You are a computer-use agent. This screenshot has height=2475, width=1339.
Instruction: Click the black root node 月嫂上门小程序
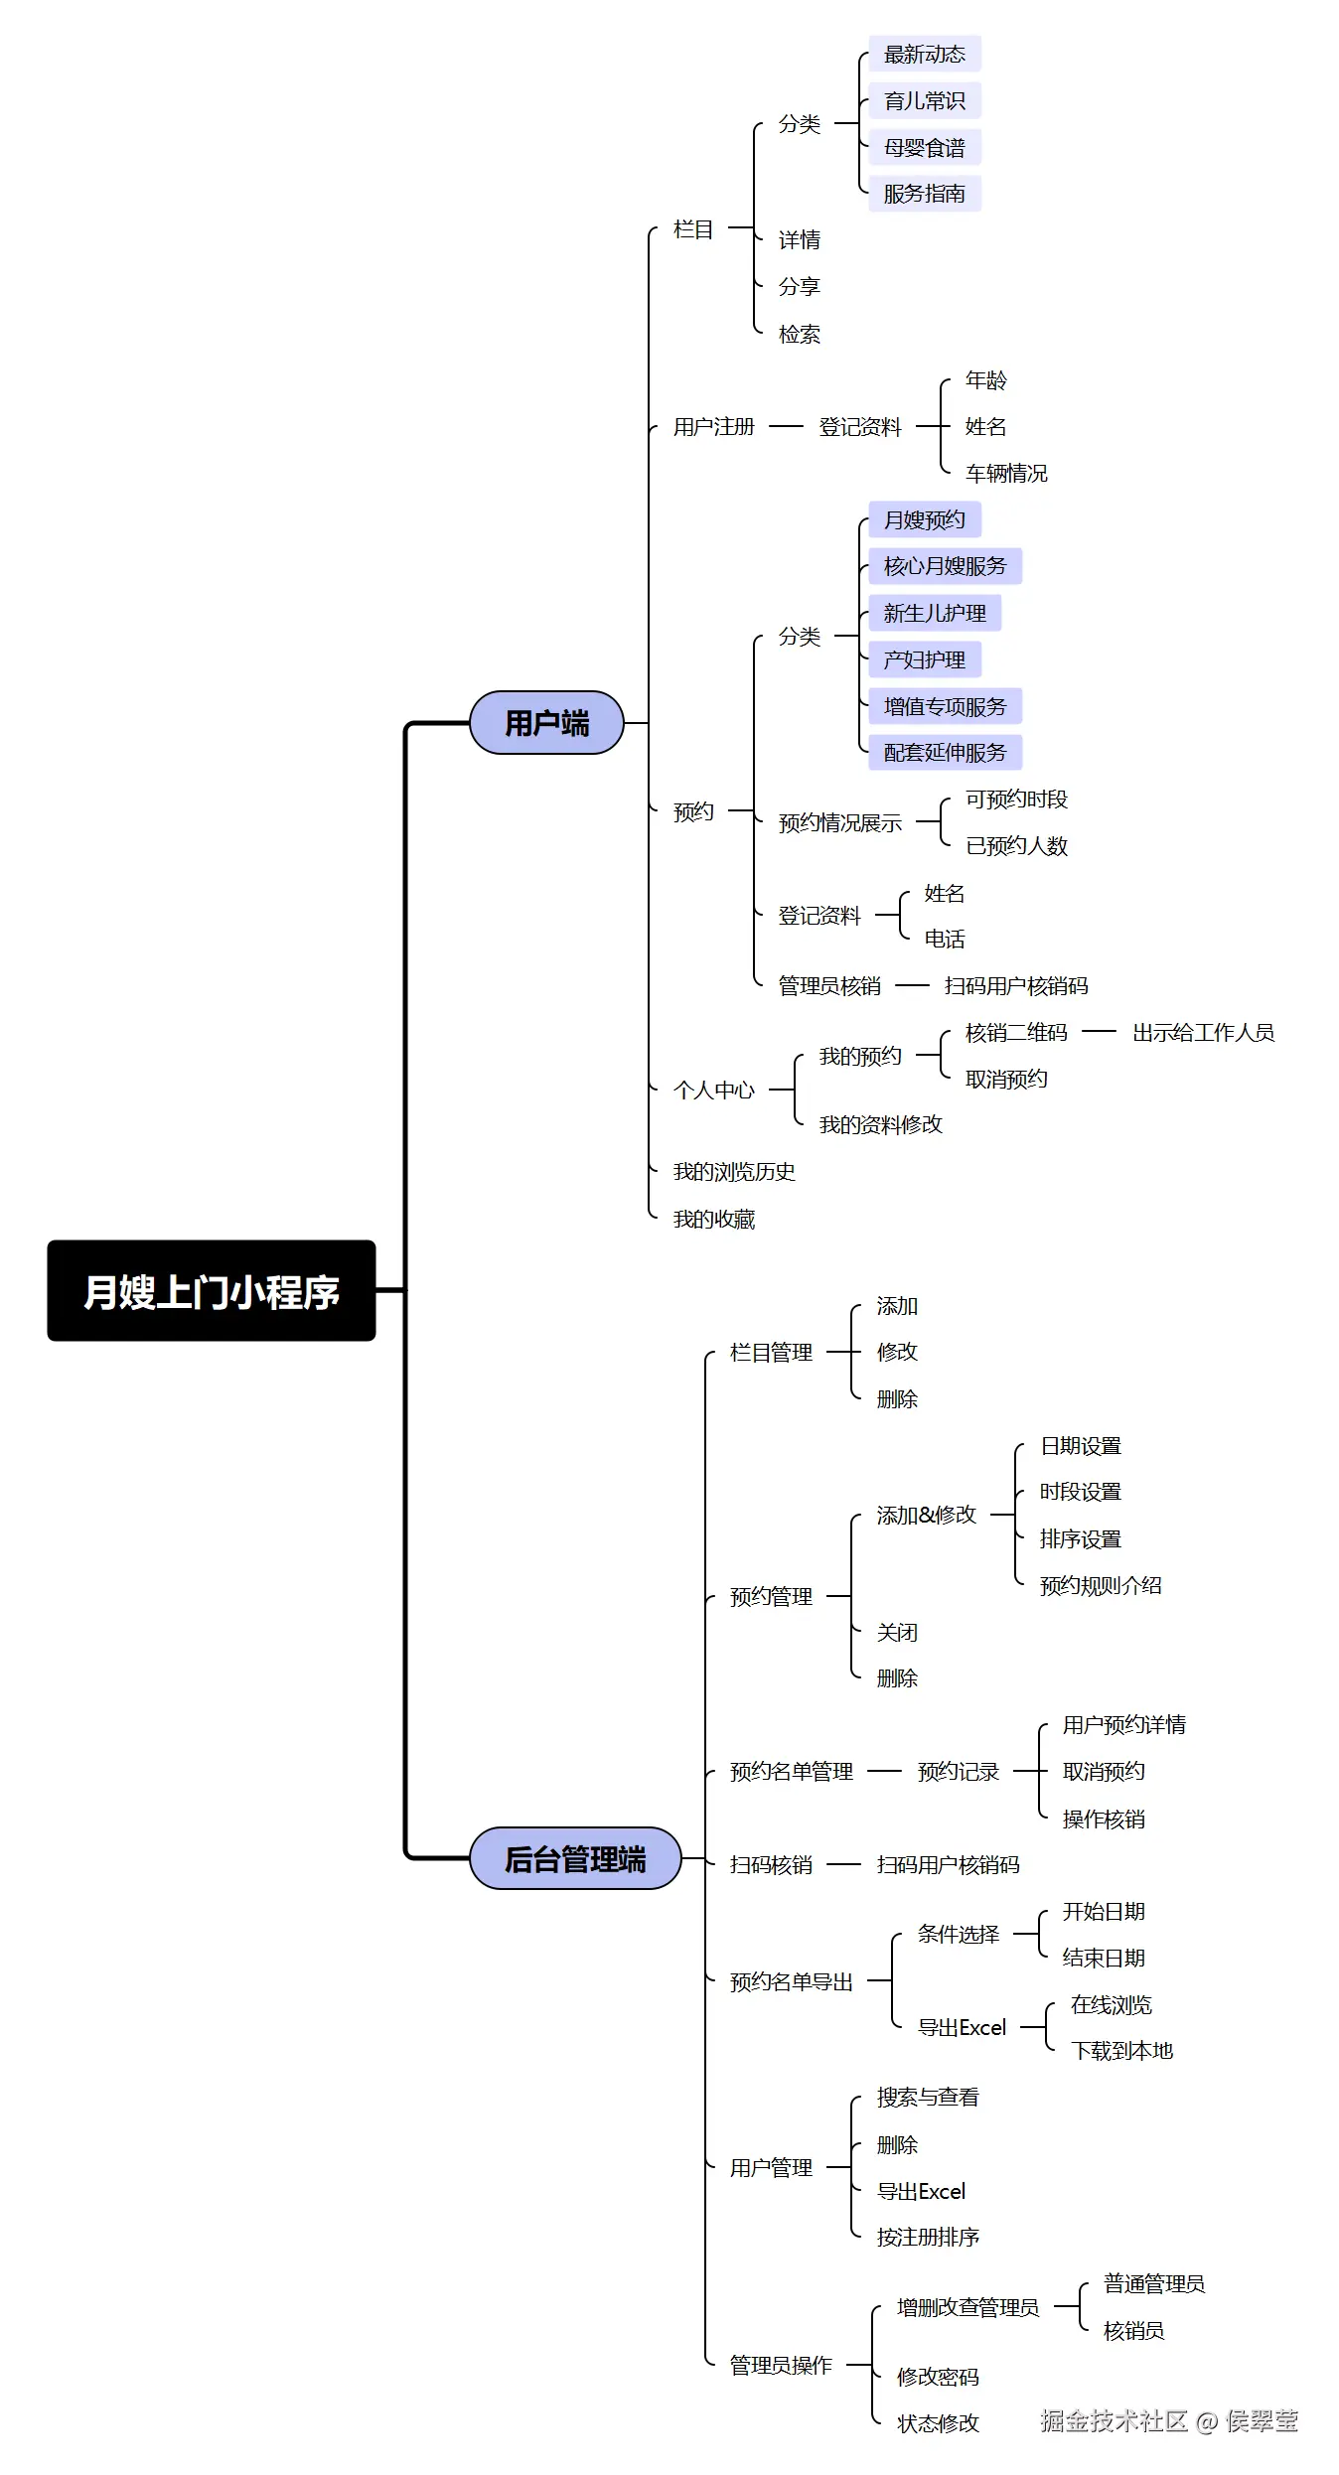[211, 1290]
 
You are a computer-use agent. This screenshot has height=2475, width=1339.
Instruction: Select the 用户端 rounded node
[546, 722]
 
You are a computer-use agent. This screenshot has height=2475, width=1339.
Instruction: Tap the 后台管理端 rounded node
[574, 1857]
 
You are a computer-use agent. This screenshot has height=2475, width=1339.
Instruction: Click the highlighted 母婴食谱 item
[924, 147]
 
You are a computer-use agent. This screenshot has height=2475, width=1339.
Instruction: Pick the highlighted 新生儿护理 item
[934, 613]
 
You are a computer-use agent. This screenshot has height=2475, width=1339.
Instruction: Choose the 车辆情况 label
[1005, 473]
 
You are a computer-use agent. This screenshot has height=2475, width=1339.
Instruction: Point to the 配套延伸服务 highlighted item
[944, 752]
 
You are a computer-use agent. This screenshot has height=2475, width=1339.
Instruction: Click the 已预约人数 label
[1015, 845]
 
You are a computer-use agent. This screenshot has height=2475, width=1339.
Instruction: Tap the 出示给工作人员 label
[1202, 1032]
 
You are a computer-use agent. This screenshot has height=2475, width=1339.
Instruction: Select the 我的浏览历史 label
[733, 1171]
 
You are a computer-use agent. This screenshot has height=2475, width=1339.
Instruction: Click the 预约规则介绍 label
[1100, 1585]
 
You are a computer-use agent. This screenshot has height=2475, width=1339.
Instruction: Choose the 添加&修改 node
[926, 1515]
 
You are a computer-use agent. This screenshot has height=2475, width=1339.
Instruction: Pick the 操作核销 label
[1103, 1819]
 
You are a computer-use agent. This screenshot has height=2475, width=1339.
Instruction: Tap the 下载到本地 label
[1120, 2050]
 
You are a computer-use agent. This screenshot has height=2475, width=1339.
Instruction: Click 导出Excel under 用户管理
[920, 2191]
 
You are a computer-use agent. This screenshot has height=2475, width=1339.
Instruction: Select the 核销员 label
[1132, 2330]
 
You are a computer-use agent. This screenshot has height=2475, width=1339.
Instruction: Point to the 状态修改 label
[937, 2423]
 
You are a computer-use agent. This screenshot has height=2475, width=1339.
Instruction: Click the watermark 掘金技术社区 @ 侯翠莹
[1168, 2420]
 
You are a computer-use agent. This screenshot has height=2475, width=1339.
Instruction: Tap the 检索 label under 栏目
[799, 334]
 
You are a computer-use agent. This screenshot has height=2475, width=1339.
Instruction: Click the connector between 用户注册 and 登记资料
[785, 426]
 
